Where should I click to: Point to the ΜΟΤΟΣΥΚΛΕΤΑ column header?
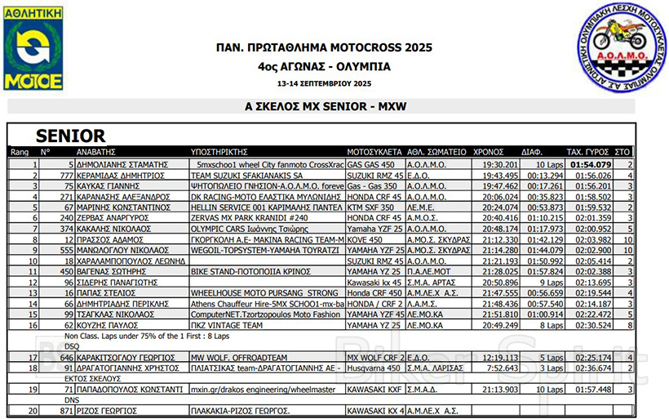[374, 152]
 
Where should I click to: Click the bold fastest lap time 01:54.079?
[591, 164]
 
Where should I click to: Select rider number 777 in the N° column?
[66, 176]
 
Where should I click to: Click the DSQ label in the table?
[73, 345]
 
